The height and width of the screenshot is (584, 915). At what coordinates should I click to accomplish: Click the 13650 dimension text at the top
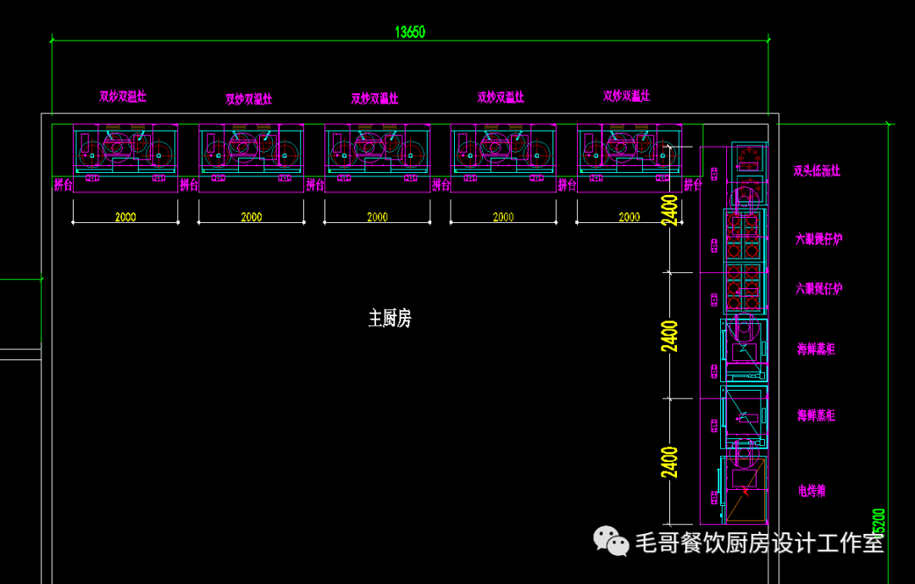[410, 32]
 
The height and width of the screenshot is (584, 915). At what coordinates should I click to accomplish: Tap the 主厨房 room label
[390, 319]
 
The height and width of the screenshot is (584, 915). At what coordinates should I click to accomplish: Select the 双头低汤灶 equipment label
[817, 171]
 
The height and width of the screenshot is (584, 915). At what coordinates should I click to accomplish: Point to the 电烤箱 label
[812, 491]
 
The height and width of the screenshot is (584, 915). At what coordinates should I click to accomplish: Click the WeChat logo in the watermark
[610, 540]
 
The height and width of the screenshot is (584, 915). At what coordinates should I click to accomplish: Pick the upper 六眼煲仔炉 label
[818, 239]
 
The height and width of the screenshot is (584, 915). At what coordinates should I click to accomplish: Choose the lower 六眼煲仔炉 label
[818, 289]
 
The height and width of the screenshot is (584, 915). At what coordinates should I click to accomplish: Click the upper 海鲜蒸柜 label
[816, 348]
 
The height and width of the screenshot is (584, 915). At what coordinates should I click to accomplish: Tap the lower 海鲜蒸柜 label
[816, 415]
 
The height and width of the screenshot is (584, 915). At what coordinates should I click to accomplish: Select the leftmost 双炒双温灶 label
[123, 97]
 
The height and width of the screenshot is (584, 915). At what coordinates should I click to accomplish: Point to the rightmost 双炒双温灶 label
[627, 97]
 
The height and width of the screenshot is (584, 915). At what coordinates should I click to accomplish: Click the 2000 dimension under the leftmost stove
[125, 217]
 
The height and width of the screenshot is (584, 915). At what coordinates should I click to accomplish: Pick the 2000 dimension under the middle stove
[377, 217]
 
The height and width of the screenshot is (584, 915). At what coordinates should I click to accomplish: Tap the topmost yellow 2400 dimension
[669, 210]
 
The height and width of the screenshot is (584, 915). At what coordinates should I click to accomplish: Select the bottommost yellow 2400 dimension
[669, 462]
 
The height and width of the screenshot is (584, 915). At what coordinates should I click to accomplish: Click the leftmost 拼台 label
[64, 184]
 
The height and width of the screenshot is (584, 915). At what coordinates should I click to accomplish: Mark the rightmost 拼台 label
[693, 184]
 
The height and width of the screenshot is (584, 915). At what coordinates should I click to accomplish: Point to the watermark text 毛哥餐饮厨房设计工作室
[759, 542]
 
